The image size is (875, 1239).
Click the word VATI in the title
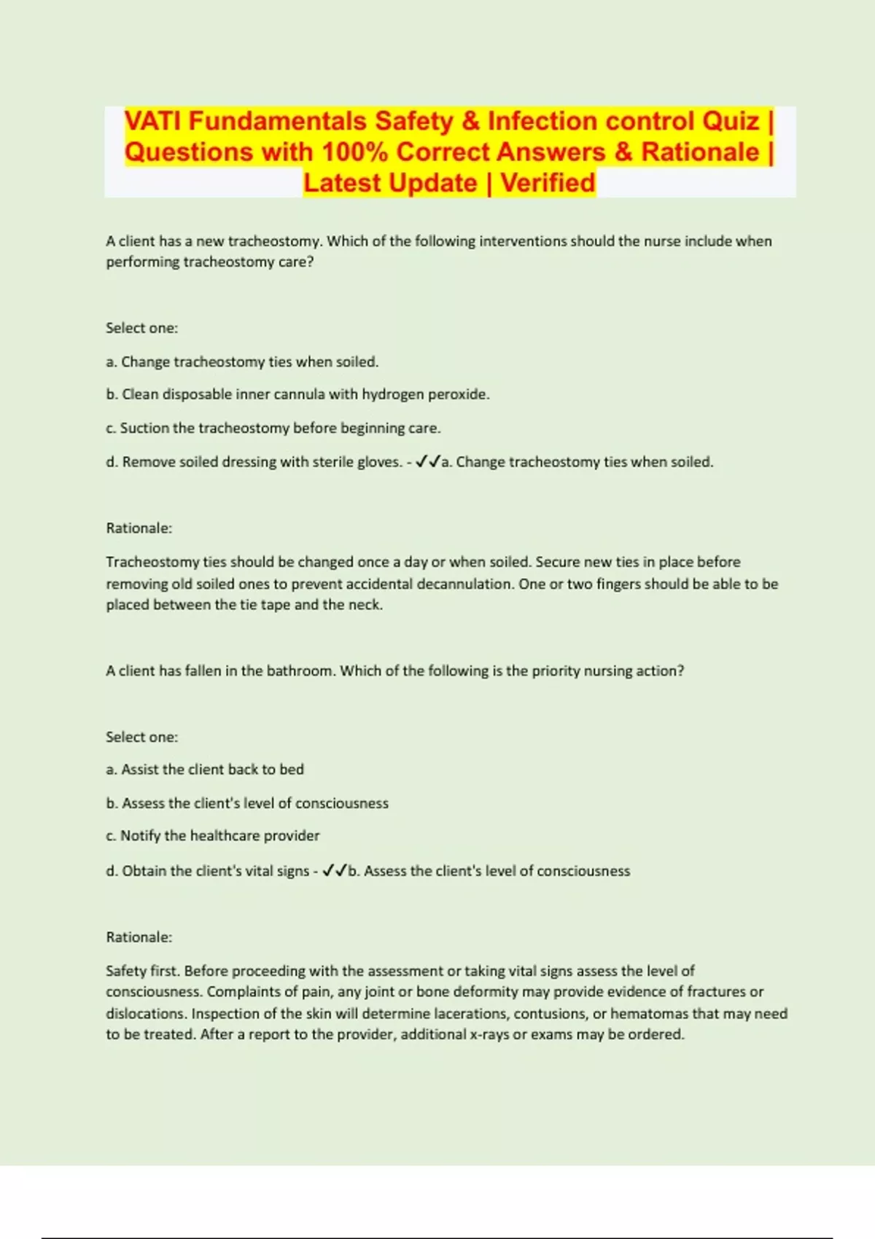click(x=153, y=121)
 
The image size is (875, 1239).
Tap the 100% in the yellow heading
click(x=354, y=152)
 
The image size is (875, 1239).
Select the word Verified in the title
click(x=548, y=183)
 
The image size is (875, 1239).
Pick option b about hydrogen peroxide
click(x=297, y=394)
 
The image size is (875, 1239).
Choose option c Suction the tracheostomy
click(x=273, y=428)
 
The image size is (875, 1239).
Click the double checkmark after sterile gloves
click(x=427, y=461)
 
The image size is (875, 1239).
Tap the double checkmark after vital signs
click(x=335, y=870)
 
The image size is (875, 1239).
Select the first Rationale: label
click(x=139, y=528)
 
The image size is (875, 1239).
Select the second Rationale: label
click(x=139, y=937)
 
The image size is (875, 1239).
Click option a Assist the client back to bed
click(x=205, y=770)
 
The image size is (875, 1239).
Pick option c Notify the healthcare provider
click(x=213, y=836)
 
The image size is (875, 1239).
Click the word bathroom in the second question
click(x=299, y=671)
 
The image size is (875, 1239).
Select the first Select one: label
click(x=142, y=328)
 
